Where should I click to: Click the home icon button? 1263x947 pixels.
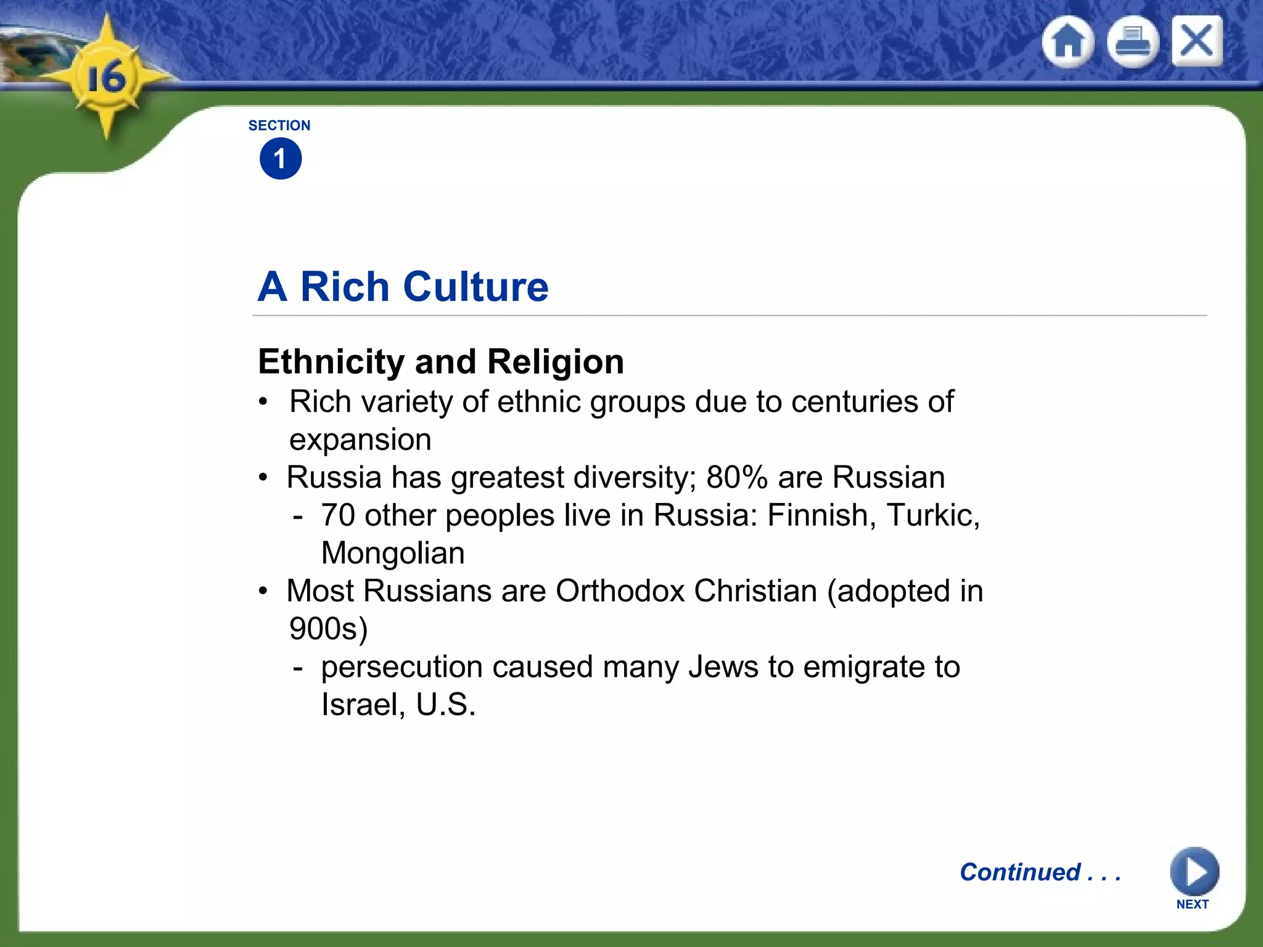pyautogui.click(x=1068, y=42)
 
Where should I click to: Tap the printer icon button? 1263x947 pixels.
pyautogui.click(x=1133, y=42)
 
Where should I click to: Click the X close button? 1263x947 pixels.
pyautogui.click(x=1197, y=41)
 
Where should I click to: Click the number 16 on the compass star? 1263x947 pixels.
pyautogui.click(x=106, y=78)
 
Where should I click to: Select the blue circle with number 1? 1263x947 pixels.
pyautogui.click(x=281, y=159)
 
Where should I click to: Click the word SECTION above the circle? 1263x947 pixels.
pyautogui.click(x=279, y=126)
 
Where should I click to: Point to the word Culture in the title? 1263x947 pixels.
pyautogui.click(x=475, y=287)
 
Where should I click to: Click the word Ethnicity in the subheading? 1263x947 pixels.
pyautogui.click(x=332, y=361)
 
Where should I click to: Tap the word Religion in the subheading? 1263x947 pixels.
pyautogui.click(x=556, y=362)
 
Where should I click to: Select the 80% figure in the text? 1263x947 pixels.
pyautogui.click(x=737, y=477)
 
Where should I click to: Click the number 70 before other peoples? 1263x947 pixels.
pyautogui.click(x=338, y=515)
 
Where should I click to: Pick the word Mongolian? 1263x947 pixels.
pyautogui.click(x=393, y=553)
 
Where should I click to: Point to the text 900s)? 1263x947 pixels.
pyautogui.click(x=328, y=629)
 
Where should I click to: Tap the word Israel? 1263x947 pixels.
pyautogui.click(x=362, y=705)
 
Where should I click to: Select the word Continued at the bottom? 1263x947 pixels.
pyautogui.click(x=1020, y=872)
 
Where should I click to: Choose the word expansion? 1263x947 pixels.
pyautogui.click(x=360, y=440)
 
